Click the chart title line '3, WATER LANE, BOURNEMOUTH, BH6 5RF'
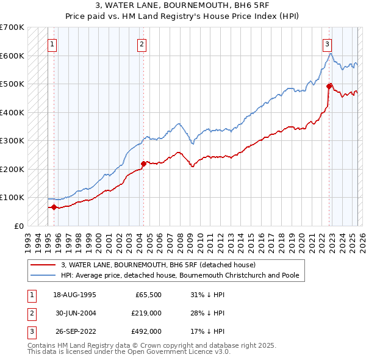pyautogui.click(x=183, y=5)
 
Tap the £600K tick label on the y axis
pyautogui.click(x=12, y=56)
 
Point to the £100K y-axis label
pyautogui.click(x=12, y=197)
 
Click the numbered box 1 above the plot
pyautogui.click(x=52, y=43)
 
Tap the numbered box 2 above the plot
pyautogui.click(x=142, y=43)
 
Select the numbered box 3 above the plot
pyautogui.click(x=327, y=43)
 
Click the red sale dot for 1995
pyautogui.click(x=54, y=207)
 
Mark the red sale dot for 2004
pyautogui.click(x=143, y=164)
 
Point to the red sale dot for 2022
pyautogui.click(x=329, y=86)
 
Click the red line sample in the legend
pyautogui.click(x=44, y=265)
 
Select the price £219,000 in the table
pyautogui.click(x=145, y=313)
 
